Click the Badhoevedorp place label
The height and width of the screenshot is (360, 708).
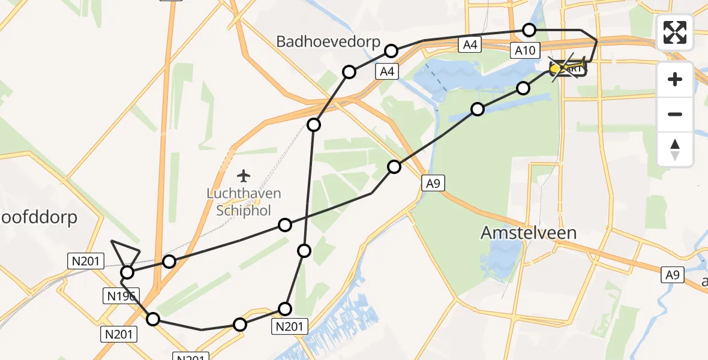328,41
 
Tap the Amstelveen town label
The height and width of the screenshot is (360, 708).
529,233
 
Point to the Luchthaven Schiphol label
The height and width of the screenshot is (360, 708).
243,202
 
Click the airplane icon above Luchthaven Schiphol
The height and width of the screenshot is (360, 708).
243,176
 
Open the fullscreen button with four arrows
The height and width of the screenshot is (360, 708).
675,32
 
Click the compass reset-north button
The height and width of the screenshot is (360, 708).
675,149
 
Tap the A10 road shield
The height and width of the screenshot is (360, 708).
524,50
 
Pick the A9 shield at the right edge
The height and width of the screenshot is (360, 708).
672,275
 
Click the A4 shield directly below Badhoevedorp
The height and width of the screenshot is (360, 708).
388,72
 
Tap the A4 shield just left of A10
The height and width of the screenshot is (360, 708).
469,44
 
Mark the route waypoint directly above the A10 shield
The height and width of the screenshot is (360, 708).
529,29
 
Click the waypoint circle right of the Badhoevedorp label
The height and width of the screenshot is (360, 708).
391,51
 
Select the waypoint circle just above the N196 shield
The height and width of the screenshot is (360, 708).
127,273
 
